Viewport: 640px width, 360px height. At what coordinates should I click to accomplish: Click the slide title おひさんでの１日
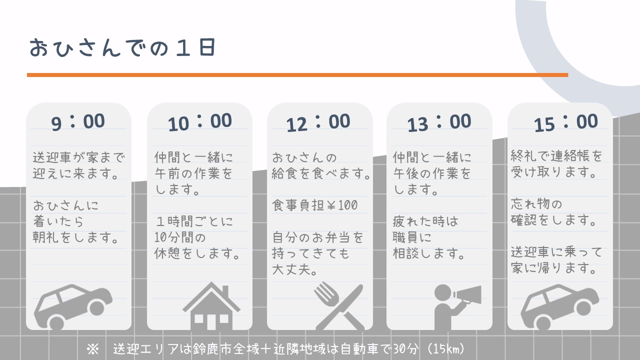point(122,47)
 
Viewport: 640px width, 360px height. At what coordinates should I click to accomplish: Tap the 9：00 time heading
point(78,122)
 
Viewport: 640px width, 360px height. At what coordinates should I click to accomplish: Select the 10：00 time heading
point(199,122)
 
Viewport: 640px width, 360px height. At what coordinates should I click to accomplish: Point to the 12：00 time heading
point(318,123)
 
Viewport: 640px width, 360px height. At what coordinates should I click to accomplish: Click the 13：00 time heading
point(439,123)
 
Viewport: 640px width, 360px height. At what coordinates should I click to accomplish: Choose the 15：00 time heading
point(565,123)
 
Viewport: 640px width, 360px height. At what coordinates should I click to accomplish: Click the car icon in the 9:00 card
point(73,307)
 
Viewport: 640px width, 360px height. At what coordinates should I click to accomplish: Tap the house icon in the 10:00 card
point(211,306)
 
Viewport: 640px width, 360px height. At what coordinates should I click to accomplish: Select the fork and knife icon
point(339,306)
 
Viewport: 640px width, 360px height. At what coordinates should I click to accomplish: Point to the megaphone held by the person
point(467,295)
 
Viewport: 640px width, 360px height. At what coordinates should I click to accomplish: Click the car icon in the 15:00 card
point(560,307)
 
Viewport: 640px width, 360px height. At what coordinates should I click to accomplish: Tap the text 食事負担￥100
point(314,205)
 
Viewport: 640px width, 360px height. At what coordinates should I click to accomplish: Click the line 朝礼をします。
point(75,237)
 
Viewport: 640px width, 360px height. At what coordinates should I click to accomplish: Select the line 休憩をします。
point(197,253)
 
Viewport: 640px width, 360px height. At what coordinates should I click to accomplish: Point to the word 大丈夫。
point(294,269)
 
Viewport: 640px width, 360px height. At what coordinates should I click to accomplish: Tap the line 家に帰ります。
point(553,268)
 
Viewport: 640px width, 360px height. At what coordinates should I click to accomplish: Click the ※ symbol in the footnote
point(93,349)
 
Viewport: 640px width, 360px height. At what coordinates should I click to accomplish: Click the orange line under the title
point(297,75)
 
